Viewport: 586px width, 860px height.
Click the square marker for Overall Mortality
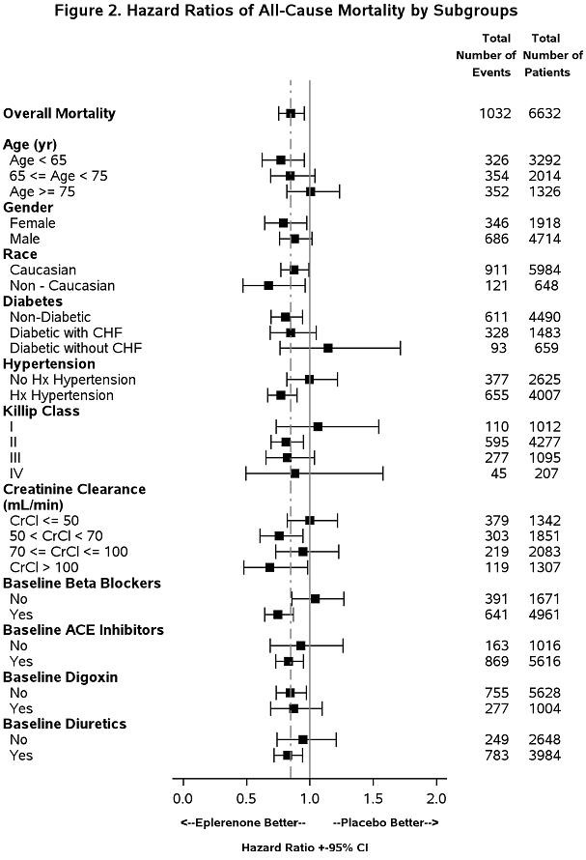point(291,113)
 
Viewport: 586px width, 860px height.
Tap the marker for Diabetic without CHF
point(328,348)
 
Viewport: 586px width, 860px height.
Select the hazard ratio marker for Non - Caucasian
point(268,285)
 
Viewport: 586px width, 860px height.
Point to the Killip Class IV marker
point(294,473)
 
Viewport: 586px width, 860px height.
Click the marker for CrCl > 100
point(269,566)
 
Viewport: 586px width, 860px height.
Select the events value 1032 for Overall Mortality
point(494,113)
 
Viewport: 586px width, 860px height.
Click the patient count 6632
point(544,113)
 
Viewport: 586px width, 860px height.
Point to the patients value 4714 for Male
point(544,238)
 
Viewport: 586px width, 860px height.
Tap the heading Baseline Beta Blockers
point(82,583)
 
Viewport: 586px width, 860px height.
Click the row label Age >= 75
point(42,191)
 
